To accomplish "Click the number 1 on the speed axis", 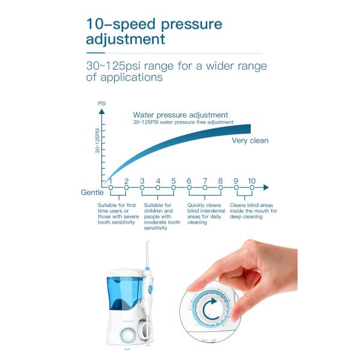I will [110, 181].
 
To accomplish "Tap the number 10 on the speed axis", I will [251, 181].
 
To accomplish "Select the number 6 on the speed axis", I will [189, 181].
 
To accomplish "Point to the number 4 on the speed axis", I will [158, 181].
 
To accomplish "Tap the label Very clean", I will [250, 140].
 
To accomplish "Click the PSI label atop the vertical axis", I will [101, 104].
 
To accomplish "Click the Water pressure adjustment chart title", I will [180, 115].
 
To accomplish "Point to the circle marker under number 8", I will [220, 188].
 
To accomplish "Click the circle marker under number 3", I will [142, 188].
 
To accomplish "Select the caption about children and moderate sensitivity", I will [161, 217].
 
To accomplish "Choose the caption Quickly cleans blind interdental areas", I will [206, 214].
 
